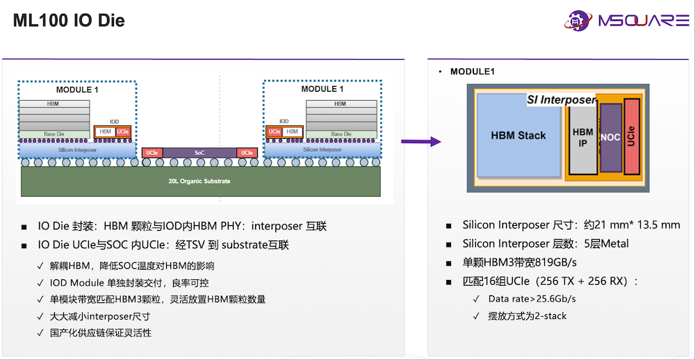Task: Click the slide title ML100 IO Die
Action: tap(69, 21)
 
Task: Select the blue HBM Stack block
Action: tap(518, 136)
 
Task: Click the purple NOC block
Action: tap(610, 138)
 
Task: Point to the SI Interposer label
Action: tap(561, 100)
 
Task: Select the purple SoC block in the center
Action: tap(199, 153)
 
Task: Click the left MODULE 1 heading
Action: tap(77, 90)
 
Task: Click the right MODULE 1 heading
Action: tap(322, 90)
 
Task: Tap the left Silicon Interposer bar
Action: tap(77, 149)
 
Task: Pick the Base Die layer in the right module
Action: tap(341, 134)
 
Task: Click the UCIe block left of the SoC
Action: tap(152, 153)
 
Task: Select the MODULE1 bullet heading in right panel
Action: tap(473, 72)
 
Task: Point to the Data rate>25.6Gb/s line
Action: tap(532, 299)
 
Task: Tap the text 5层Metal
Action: tap(603, 243)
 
